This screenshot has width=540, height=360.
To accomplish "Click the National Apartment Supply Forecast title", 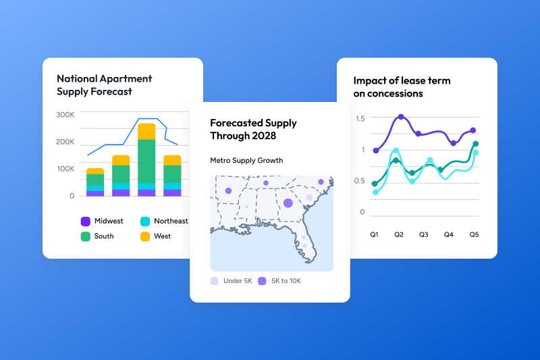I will pyautogui.click(x=104, y=85).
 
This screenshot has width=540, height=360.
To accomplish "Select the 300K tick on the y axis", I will pyautogui.click(x=65, y=115).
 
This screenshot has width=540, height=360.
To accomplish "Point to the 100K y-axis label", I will pyautogui.click(x=65, y=168).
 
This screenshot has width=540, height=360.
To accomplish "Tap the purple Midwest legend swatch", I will pyautogui.click(x=86, y=221).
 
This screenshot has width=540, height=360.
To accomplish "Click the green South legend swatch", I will pyautogui.click(x=86, y=236).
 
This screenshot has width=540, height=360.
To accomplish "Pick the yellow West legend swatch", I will pyautogui.click(x=144, y=236).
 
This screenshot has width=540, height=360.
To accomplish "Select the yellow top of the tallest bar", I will pyautogui.click(x=146, y=131).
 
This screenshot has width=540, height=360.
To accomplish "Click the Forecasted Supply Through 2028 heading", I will pyautogui.click(x=253, y=129).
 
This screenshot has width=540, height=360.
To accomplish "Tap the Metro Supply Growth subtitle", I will pyautogui.click(x=246, y=161).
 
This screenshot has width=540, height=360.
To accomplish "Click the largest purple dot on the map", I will pyautogui.click(x=288, y=203).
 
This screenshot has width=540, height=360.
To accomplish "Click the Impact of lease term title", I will pyautogui.click(x=402, y=86).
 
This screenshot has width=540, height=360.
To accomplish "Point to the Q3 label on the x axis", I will pyautogui.click(x=423, y=234).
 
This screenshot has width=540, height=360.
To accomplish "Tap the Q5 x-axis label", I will pyautogui.click(x=474, y=234).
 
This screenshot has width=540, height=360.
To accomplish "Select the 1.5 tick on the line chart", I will pyautogui.click(x=360, y=119).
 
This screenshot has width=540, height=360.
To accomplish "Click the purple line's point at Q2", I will pyautogui.click(x=401, y=117).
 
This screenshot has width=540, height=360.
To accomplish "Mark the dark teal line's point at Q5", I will pyautogui.click(x=476, y=144).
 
